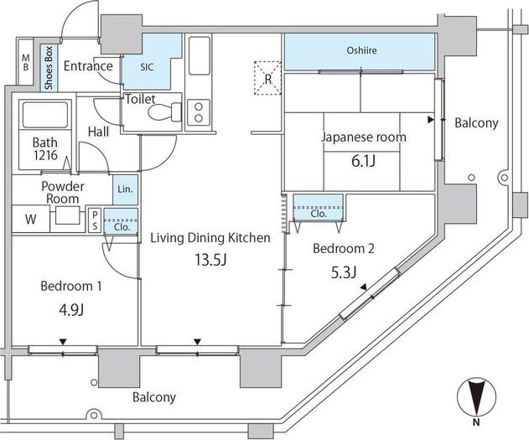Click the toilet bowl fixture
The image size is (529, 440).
pyautogui.click(x=171, y=112)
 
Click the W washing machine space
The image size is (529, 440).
pyautogui.click(x=30, y=220)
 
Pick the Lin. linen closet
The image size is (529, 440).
pyautogui.click(x=125, y=189)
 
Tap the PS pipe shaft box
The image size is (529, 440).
pyautogui.click(x=95, y=219)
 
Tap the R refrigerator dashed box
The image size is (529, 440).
pyautogui.click(x=267, y=73)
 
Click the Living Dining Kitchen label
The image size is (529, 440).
pyautogui.click(x=210, y=238)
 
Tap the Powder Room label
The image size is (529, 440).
pyautogui.click(x=63, y=193)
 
